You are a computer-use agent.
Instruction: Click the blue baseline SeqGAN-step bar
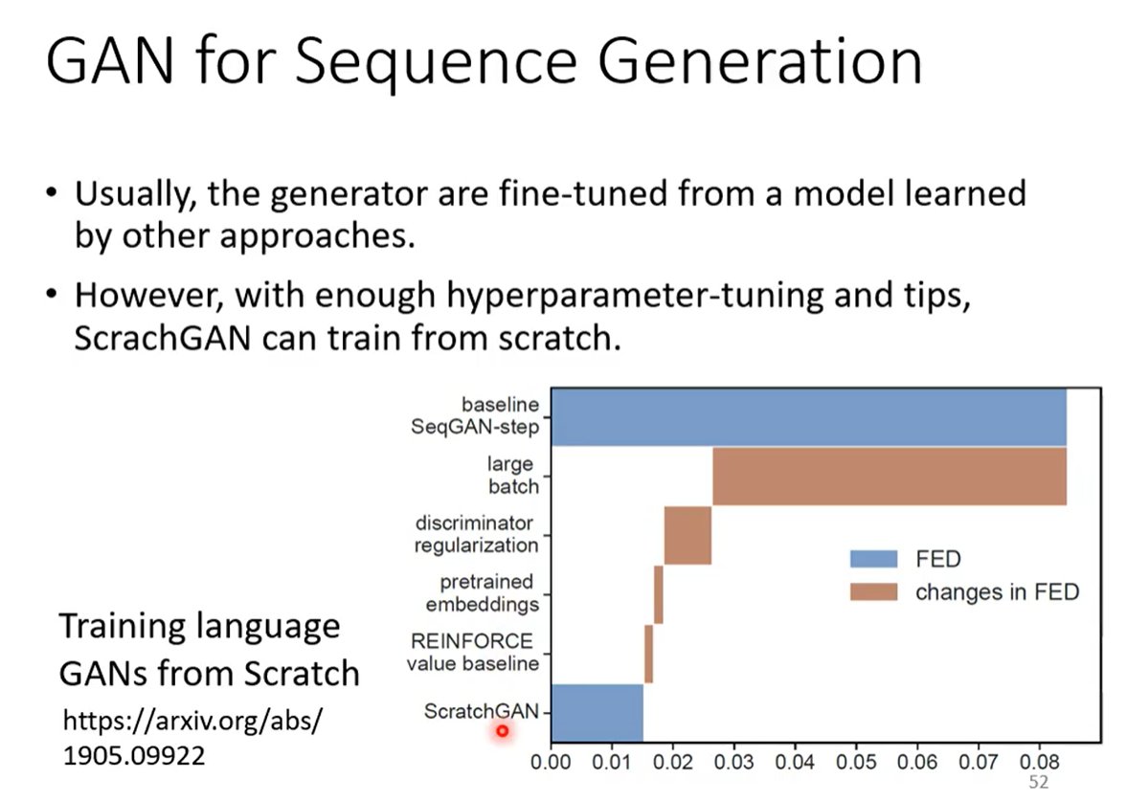click(808, 417)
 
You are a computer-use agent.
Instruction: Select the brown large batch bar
click(890, 477)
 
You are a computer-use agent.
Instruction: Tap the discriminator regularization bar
click(687, 535)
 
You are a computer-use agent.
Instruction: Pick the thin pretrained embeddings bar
click(659, 595)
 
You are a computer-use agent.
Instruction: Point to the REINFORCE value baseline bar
click(649, 654)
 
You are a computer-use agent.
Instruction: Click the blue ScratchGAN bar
click(597, 713)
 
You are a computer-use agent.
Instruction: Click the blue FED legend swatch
click(873, 559)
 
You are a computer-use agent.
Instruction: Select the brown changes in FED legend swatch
click(873, 592)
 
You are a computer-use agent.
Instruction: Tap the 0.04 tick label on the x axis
click(794, 762)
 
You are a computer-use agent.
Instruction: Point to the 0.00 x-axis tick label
click(551, 762)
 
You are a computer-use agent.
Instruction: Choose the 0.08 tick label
click(1039, 762)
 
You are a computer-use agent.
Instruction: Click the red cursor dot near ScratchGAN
click(503, 731)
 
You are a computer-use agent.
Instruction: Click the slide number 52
click(1039, 782)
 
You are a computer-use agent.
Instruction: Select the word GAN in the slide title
click(110, 61)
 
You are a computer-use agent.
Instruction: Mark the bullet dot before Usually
click(51, 193)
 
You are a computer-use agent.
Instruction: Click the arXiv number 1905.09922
click(134, 756)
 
